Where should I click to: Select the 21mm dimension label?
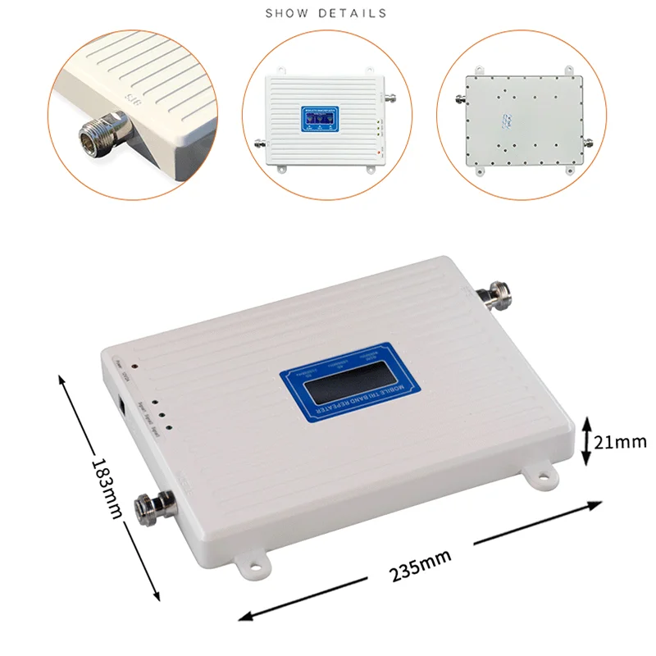(621, 442)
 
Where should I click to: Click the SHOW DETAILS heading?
(326, 14)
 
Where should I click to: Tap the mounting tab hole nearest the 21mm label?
(539, 476)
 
